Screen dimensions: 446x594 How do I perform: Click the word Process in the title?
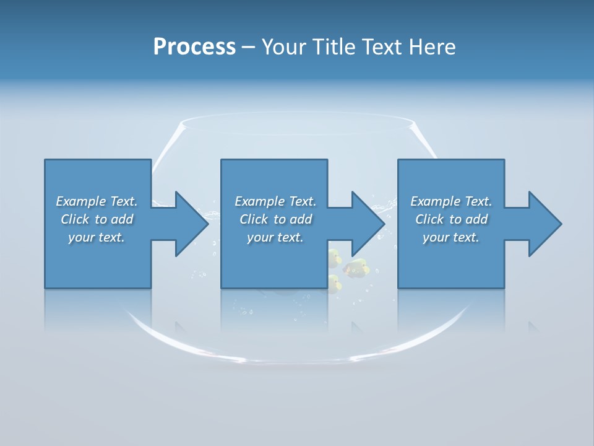[x=194, y=47]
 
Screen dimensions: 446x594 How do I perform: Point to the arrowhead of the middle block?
[x=368, y=224]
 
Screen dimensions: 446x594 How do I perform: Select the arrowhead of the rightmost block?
[x=544, y=224]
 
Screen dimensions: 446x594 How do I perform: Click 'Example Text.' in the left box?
[x=97, y=201]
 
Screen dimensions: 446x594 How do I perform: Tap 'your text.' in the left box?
[x=97, y=237]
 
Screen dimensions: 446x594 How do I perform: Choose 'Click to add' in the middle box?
[x=275, y=219]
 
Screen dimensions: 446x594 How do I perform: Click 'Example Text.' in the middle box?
[x=275, y=201]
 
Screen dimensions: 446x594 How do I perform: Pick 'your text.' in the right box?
[x=451, y=237]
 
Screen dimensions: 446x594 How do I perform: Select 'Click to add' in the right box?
[x=451, y=219]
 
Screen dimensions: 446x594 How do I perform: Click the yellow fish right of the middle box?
[x=357, y=268]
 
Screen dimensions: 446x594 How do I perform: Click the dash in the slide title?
[x=248, y=47]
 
